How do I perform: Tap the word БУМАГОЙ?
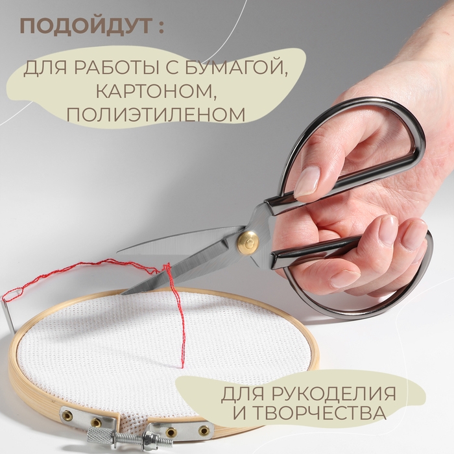[x=247, y=67]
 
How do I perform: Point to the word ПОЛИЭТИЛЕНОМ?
[x=156, y=114]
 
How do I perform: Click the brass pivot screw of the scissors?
[x=248, y=242]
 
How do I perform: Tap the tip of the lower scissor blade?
[x=123, y=293]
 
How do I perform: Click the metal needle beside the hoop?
[x=9, y=311]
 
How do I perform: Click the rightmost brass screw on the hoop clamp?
[x=204, y=431]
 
